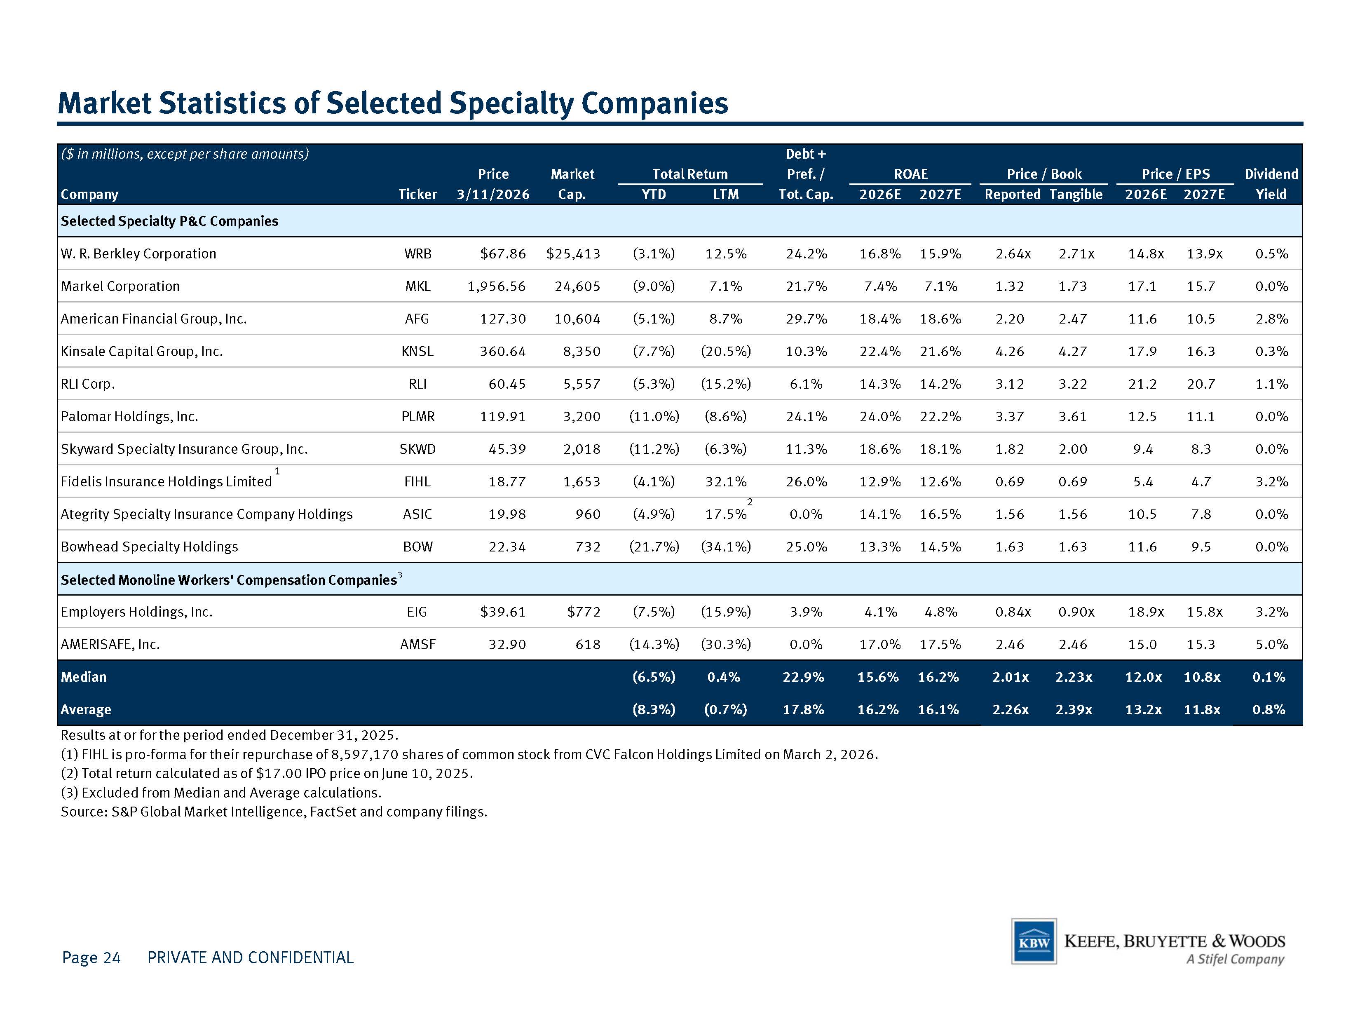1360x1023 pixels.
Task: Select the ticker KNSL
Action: (417, 351)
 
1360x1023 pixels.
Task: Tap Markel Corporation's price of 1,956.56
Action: (497, 286)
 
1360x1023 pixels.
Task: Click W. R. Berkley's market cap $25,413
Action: (573, 254)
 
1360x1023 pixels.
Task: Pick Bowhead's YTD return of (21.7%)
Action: (654, 547)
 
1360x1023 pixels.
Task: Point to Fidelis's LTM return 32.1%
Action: (726, 481)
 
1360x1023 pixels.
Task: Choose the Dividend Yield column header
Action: (1271, 184)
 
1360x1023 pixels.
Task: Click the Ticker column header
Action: (417, 194)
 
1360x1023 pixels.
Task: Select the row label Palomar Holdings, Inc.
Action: (129, 416)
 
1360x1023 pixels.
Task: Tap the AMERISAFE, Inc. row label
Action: (110, 644)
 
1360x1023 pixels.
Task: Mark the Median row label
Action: (84, 677)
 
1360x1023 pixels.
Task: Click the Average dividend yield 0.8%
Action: (1269, 709)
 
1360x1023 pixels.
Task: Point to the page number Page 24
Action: (91, 957)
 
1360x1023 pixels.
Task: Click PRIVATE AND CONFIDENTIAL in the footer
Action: (250, 957)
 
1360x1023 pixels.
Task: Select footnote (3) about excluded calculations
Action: (221, 793)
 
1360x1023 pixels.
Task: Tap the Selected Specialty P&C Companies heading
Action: (169, 221)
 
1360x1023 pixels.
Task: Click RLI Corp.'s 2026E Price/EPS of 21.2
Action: (1142, 384)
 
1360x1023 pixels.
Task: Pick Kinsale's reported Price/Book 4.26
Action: (1010, 351)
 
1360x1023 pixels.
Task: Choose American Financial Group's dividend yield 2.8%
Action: (1271, 319)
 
